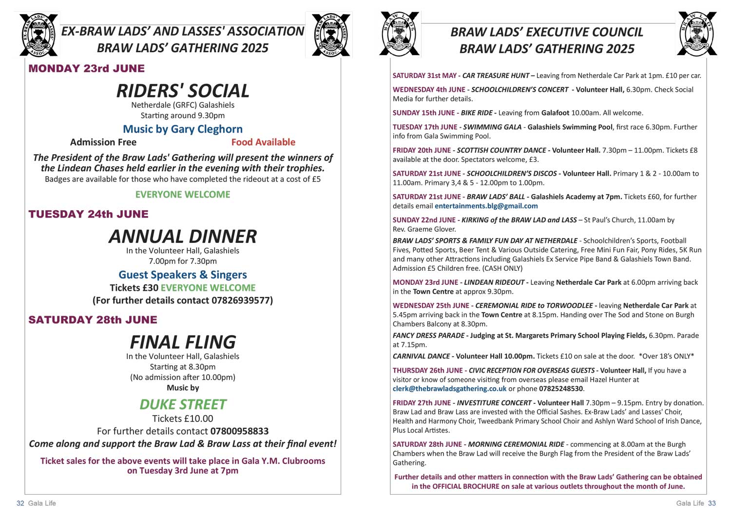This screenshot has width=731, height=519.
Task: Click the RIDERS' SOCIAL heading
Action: [183, 91]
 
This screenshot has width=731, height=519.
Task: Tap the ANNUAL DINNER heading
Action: [183, 237]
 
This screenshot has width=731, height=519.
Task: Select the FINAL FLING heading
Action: [183, 342]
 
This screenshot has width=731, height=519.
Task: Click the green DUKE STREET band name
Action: [183, 404]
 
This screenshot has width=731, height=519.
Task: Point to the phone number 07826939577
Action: [242, 300]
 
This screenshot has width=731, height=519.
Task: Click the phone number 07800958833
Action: [239, 431]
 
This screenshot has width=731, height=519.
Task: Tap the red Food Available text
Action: [263, 142]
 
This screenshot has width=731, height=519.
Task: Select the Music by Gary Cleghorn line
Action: [183, 129]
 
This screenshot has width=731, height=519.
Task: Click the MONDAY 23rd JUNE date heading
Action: [87, 69]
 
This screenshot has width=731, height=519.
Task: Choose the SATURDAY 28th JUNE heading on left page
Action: [93, 320]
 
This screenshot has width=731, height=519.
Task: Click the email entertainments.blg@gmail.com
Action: [486, 206]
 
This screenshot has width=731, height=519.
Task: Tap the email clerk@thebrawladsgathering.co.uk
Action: [449, 389]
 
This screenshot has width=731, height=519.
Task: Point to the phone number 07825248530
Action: [561, 389]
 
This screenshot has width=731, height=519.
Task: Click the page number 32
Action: [20, 503]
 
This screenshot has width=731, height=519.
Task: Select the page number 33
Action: [712, 503]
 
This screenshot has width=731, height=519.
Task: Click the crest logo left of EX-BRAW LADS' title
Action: [38, 35]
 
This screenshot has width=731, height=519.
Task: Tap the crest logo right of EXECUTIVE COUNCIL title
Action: [696, 34]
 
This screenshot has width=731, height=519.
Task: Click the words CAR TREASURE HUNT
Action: [496, 76]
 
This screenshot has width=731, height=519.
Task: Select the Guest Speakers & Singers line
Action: [183, 275]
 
